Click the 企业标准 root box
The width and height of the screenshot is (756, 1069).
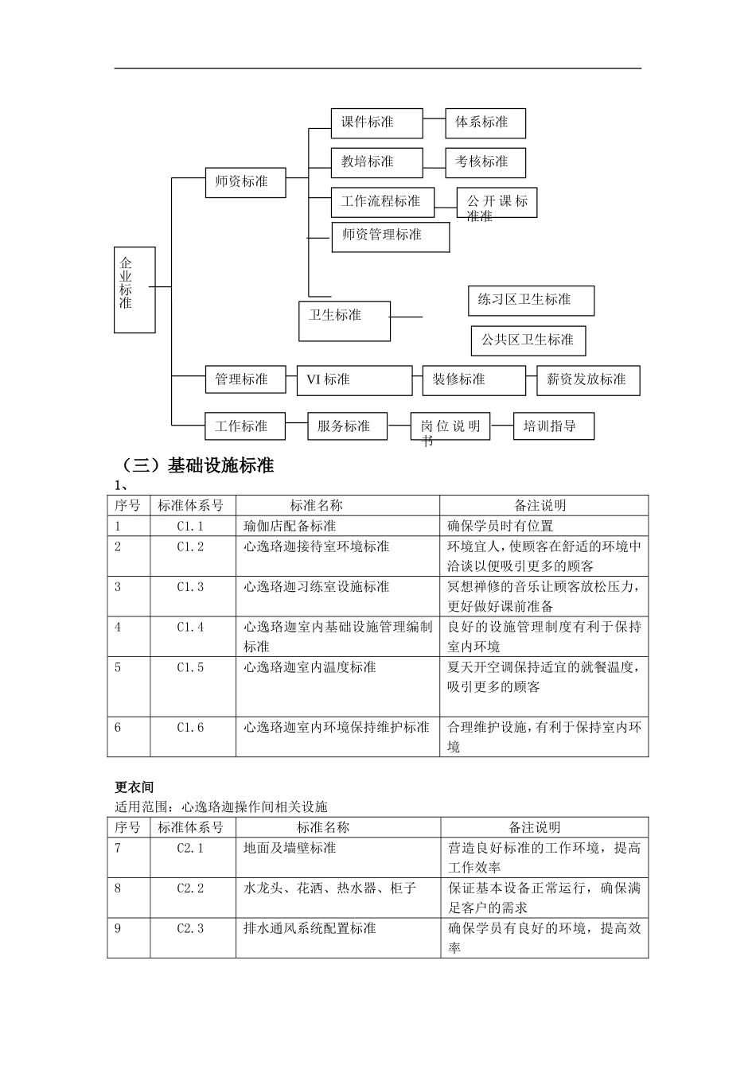[x=134, y=290]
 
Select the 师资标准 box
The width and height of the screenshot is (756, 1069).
[x=245, y=182]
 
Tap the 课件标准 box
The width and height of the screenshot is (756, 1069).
[x=376, y=122]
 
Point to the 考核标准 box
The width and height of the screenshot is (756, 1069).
[x=485, y=161]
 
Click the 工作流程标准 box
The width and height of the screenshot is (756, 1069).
[x=382, y=202]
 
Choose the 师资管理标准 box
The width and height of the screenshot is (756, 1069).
[x=390, y=236]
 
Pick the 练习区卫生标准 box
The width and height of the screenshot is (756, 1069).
[x=530, y=301]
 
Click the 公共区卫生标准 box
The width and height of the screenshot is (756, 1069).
[x=528, y=340]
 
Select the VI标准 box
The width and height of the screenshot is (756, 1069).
[x=354, y=380]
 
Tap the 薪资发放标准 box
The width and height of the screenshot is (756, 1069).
[x=587, y=380]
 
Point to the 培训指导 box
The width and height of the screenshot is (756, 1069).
[x=554, y=426]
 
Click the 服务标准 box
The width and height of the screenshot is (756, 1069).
[x=348, y=426]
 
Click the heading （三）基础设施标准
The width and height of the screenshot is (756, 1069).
[x=196, y=466]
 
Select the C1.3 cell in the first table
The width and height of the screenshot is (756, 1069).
[x=191, y=587]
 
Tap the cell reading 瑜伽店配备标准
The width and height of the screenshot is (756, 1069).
[x=290, y=526]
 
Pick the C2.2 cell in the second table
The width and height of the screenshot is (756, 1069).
[x=191, y=888]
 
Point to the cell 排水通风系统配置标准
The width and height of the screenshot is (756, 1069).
[x=310, y=928]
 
